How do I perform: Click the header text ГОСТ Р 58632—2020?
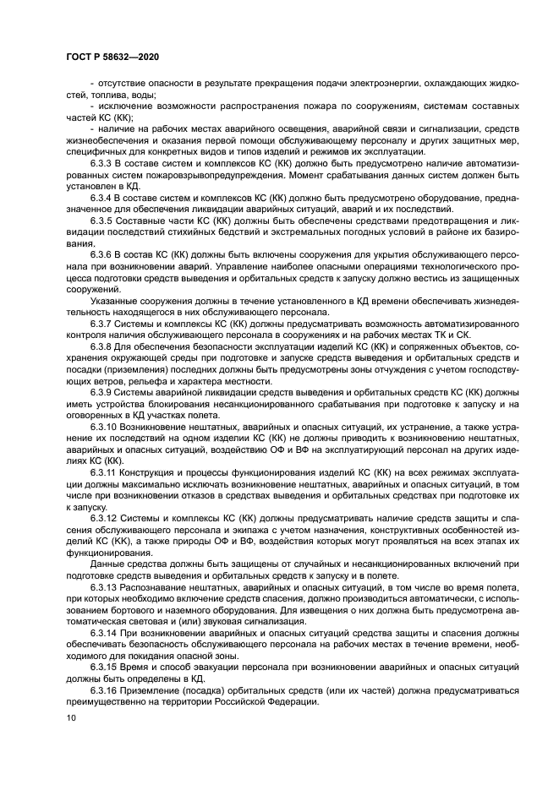[111, 56]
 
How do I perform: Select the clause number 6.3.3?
[104, 160]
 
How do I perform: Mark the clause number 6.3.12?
[107, 518]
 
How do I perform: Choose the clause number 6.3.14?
[107, 629]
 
